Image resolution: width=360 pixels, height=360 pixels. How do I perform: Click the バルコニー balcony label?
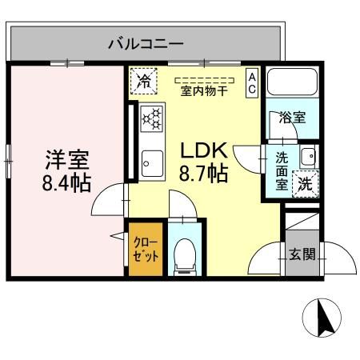pyautogui.click(x=146, y=43)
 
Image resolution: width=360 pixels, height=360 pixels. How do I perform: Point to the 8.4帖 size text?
pyautogui.click(x=66, y=182)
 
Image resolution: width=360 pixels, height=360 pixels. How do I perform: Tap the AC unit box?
pyautogui.click(x=251, y=83)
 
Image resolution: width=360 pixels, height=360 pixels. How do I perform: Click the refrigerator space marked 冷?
pyautogui.click(x=144, y=80)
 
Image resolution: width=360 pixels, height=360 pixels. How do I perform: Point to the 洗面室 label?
pyautogui.click(x=282, y=170)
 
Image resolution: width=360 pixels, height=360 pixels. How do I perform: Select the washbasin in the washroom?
pyautogui.click(x=308, y=155)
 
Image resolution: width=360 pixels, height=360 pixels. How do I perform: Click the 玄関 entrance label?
pyautogui.click(x=302, y=255)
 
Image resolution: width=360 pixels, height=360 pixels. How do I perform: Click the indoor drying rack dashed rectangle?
pyautogui.click(x=203, y=81)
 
